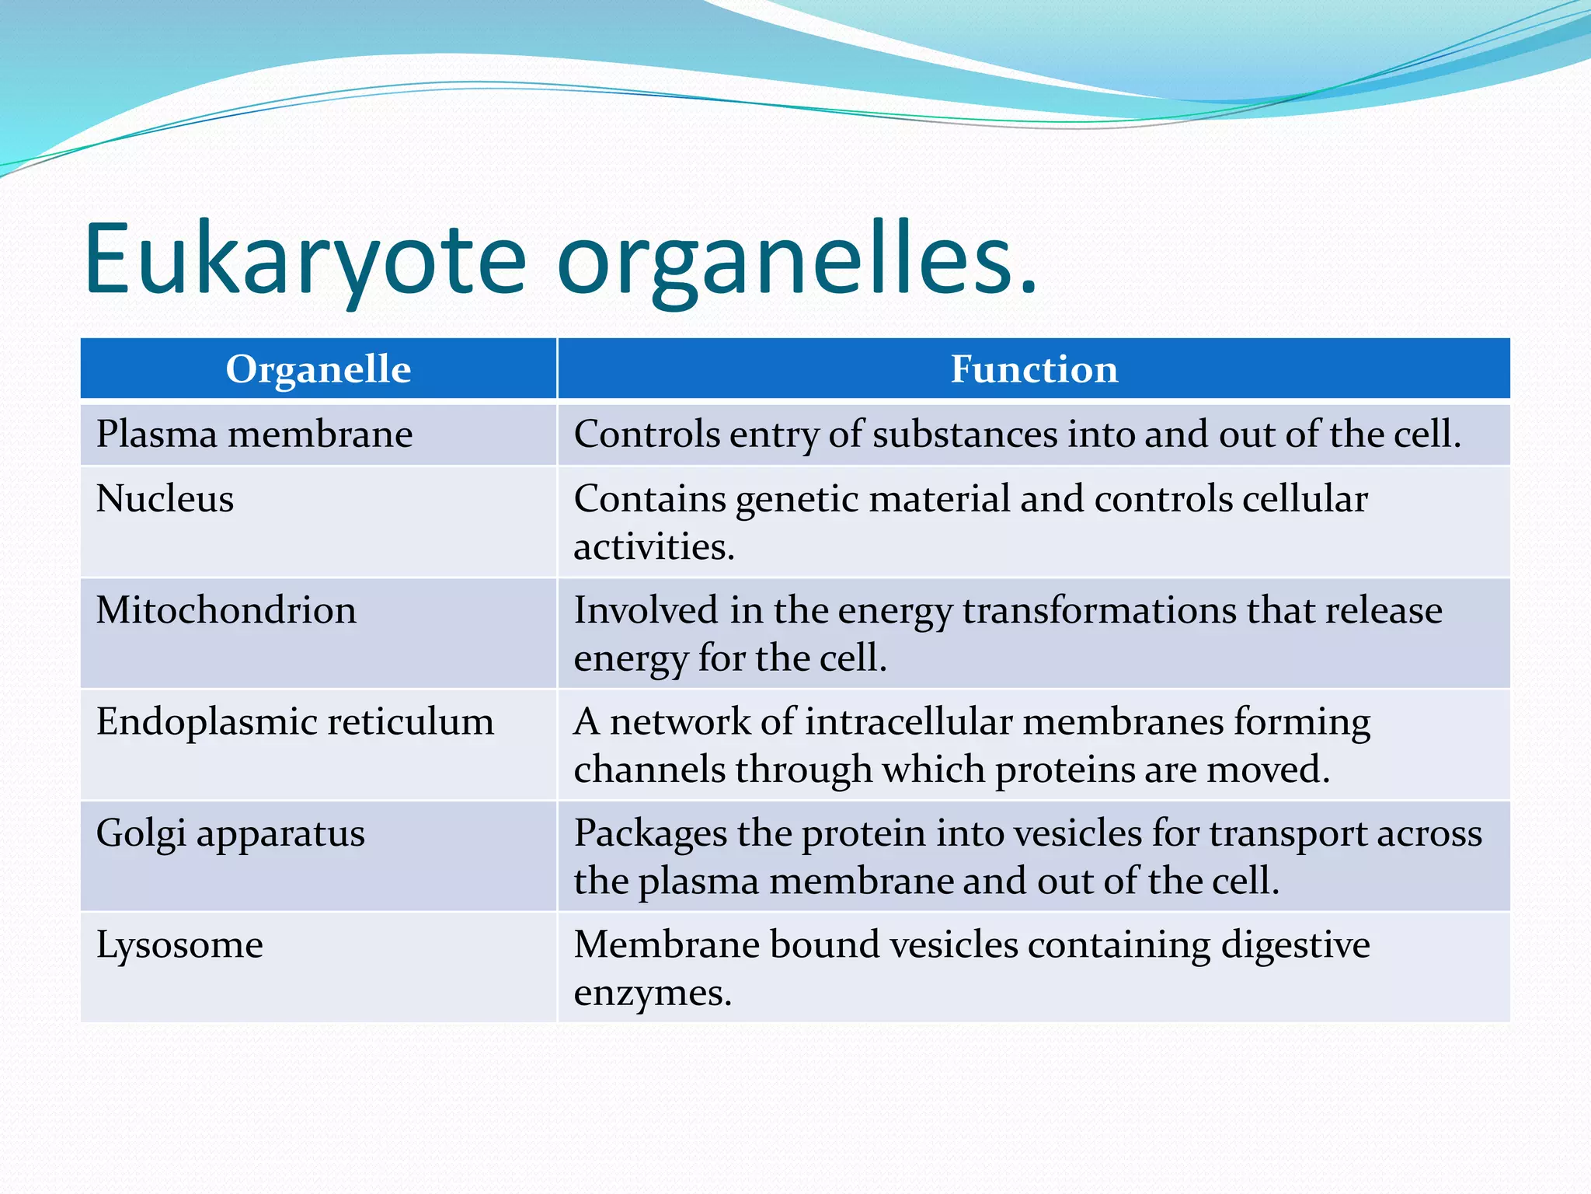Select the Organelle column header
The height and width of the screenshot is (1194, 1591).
pyautogui.click(x=318, y=369)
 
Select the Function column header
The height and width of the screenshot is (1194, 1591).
pyautogui.click(x=1034, y=369)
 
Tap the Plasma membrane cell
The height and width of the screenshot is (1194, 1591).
pyautogui.click(x=254, y=434)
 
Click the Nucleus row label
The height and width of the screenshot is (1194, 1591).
pyautogui.click(x=165, y=498)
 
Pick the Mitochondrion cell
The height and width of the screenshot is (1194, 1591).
pyautogui.click(x=226, y=610)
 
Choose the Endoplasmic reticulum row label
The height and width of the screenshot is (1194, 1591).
pyautogui.click(x=294, y=721)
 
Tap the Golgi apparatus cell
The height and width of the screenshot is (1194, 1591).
pyautogui.click(x=230, y=833)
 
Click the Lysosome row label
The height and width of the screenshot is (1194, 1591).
pyautogui.click(x=179, y=945)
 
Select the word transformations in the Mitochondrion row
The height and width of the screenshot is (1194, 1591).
pyautogui.click(x=1098, y=610)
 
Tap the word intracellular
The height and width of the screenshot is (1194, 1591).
pyautogui.click(x=908, y=721)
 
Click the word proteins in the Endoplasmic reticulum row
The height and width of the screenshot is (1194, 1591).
pyautogui.click(x=1058, y=770)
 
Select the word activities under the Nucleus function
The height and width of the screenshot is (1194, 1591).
pyautogui.click(x=653, y=547)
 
